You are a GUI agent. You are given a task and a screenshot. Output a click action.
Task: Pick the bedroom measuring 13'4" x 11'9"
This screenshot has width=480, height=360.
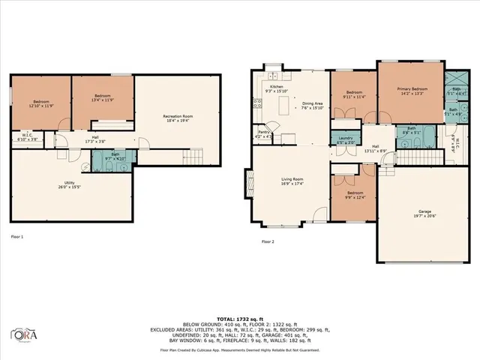[103, 98]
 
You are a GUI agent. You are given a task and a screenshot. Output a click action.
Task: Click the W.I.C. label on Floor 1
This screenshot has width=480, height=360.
[28, 137]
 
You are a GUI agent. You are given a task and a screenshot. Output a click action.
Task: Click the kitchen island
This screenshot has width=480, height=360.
[283, 109]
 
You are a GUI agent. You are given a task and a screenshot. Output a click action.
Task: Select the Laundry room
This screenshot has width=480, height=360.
[346, 140]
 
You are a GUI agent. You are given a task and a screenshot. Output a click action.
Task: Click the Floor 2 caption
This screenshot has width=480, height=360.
[268, 242]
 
